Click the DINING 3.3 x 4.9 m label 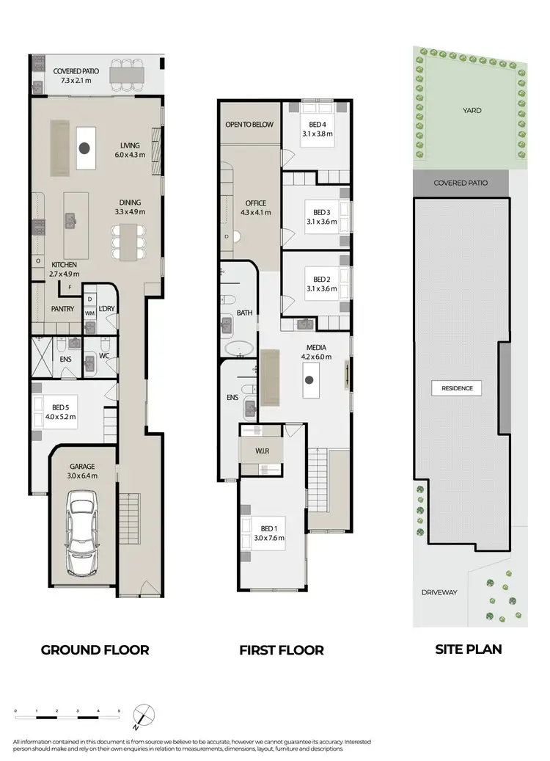(x=130, y=207)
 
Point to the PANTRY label (x=62, y=309)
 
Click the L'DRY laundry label (x=106, y=309)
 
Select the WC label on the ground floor (x=103, y=356)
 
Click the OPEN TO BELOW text (x=249, y=125)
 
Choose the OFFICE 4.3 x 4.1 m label (x=256, y=208)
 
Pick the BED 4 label (x=318, y=129)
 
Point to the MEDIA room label (x=317, y=352)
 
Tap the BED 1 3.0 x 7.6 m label (x=268, y=533)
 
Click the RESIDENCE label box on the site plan (x=457, y=388)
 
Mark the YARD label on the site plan (x=473, y=110)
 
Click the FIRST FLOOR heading (x=281, y=650)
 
